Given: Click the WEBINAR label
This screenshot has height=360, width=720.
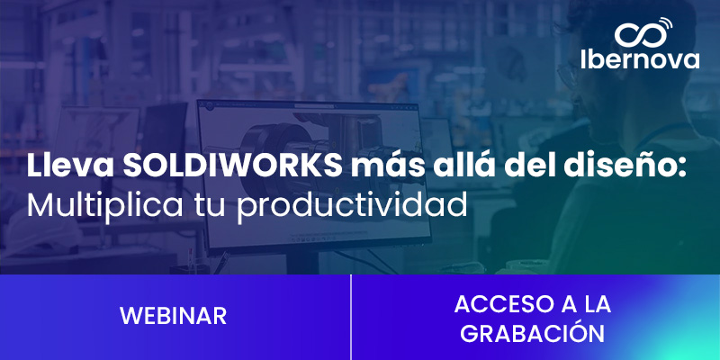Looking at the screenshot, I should tap(173, 316).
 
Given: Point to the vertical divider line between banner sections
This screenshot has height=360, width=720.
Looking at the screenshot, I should tap(350, 317).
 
